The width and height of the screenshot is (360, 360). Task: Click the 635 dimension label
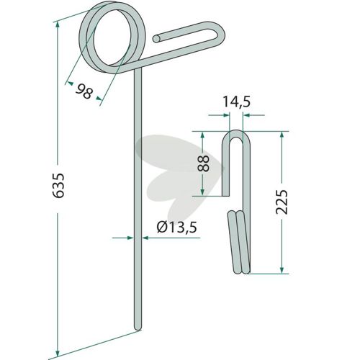point(58,186)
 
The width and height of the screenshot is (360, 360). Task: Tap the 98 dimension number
point(84,91)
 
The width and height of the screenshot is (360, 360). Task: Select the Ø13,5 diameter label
point(177,227)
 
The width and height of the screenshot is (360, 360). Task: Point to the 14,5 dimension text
point(237,102)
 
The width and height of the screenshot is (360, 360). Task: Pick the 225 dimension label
point(282,202)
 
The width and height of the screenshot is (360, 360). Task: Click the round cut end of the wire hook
point(157,39)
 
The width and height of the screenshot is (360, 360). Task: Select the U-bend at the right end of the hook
point(221,34)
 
